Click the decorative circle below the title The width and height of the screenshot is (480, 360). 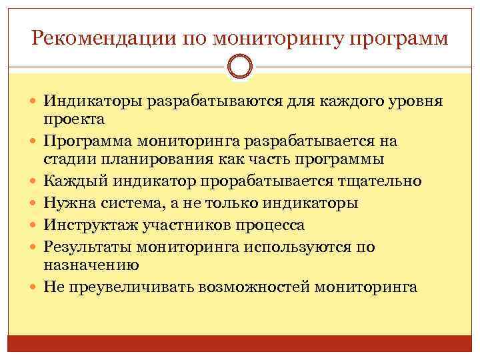pyautogui.click(x=240, y=67)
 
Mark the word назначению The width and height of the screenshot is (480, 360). pyautogui.click(x=91, y=265)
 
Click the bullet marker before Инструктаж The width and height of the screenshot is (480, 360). pyautogui.click(x=34, y=225)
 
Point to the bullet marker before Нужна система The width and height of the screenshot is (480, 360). pyautogui.click(x=34, y=203)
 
